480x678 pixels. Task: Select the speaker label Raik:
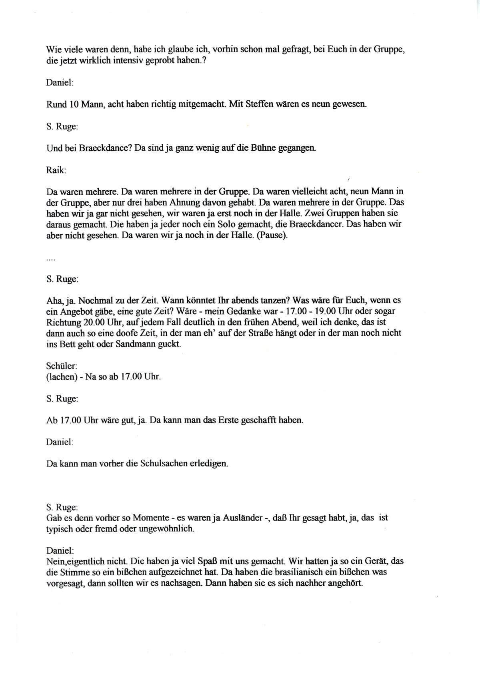(56, 170)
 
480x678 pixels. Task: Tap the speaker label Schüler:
(62, 366)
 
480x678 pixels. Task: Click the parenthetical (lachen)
(62, 377)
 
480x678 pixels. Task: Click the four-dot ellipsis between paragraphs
(51, 260)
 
